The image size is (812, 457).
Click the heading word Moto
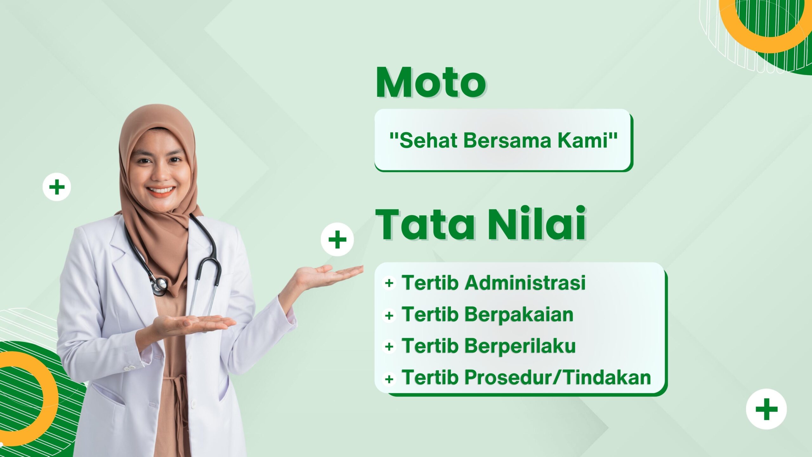point(431,82)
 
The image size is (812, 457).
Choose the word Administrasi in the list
point(525,282)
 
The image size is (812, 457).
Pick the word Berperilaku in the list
point(520,346)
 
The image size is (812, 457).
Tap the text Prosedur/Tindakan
point(558,377)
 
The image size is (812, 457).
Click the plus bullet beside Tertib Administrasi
point(389,283)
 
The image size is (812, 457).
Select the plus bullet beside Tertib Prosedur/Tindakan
point(389,379)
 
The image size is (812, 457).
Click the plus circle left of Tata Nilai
point(337,239)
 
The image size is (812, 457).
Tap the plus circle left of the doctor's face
point(57,187)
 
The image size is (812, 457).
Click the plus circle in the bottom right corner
point(767,409)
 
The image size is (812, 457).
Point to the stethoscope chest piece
point(159,285)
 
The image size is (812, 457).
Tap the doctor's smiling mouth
point(161,191)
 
